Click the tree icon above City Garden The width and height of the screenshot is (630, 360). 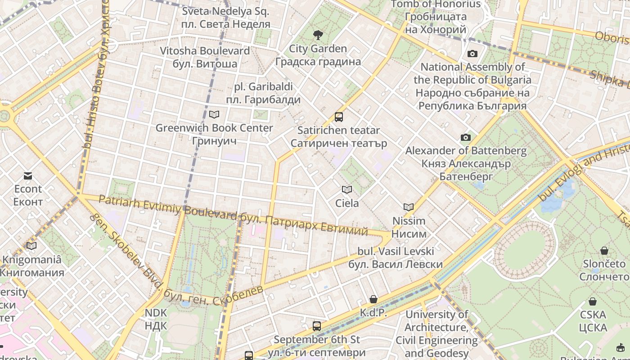tap(318, 35)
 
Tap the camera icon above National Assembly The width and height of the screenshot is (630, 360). tap(472, 54)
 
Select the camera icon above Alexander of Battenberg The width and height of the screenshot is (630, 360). tap(465, 137)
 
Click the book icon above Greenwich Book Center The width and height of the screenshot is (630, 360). tap(214, 115)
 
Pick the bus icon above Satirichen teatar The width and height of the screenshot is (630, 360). tap(339, 117)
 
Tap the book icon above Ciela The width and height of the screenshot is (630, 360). tap(346, 190)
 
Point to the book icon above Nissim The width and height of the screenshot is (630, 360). tap(409, 207)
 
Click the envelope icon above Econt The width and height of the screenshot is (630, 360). tap(28, 175)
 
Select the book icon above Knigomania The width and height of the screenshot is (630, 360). tap(31, 246)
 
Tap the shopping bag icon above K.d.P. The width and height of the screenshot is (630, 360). tap(373, 299)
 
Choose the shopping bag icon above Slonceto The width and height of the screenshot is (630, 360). tap(604, 251)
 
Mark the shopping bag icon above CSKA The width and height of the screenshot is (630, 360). tap(593, 301)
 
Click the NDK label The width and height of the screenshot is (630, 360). tap(156, 319)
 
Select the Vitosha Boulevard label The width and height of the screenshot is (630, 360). tap(205, 57)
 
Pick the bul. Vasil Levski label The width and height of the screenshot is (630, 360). tap(396, 257)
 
